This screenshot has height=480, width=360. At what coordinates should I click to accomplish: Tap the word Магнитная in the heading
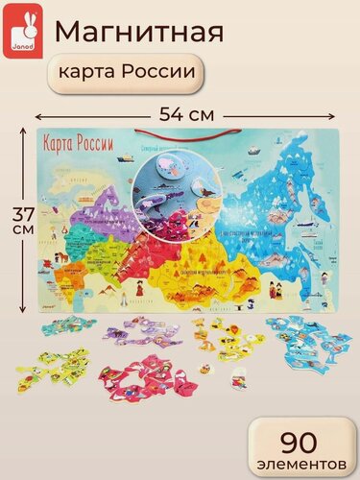click(140, 31)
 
